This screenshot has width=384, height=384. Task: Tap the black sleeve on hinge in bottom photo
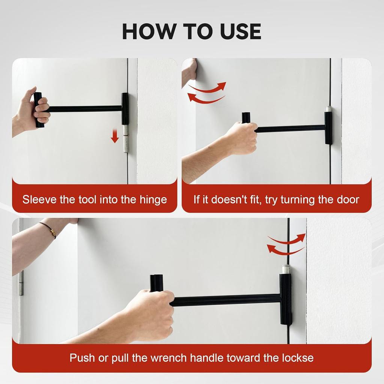[286, 299]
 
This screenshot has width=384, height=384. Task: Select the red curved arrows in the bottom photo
[286, 244]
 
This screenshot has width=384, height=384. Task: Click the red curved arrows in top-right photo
[207, 93]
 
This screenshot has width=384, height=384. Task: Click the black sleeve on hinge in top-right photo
[328, 127]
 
